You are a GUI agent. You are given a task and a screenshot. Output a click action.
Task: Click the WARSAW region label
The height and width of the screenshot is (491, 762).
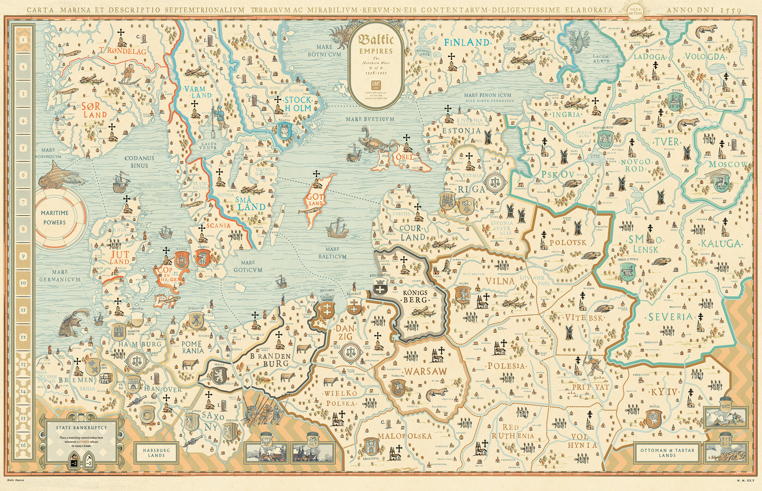coord(425,371)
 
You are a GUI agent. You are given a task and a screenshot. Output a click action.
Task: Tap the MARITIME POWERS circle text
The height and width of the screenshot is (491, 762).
coord(55,217)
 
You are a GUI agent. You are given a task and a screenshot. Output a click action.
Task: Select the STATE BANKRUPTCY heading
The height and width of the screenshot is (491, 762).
coord(82,428)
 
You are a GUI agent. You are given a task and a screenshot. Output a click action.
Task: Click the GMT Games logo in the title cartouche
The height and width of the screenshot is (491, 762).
coord(376,85)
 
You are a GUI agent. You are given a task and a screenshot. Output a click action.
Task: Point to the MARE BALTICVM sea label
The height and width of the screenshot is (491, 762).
coord(332,253)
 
